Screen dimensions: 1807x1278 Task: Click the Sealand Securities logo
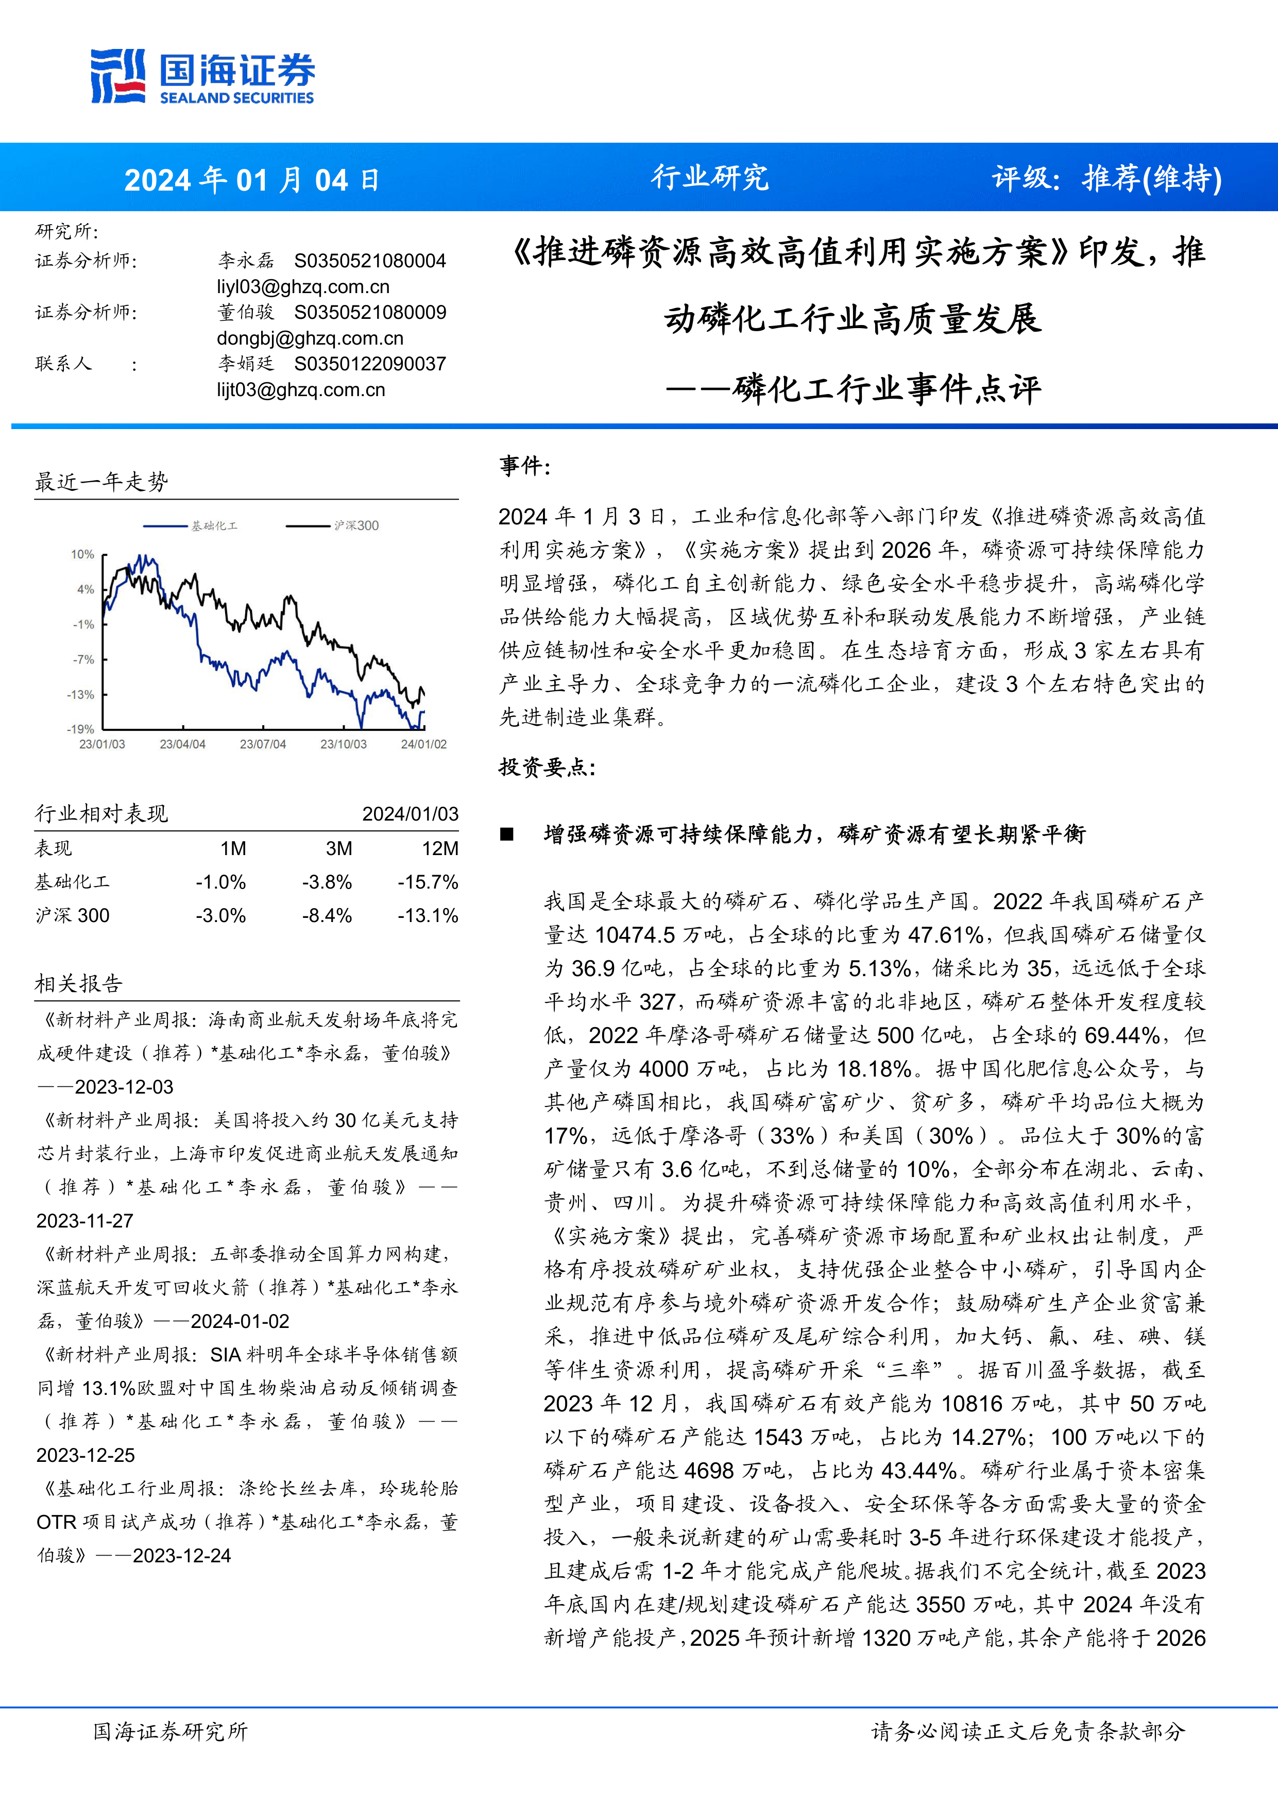point(202,76)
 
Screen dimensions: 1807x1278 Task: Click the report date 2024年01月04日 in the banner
point(252,180)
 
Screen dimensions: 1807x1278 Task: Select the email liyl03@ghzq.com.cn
point(303,286)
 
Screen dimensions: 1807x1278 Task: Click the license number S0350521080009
point(370,313)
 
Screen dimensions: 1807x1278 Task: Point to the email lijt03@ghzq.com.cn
point(301,389)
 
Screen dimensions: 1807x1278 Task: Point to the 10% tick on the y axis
point(82,554)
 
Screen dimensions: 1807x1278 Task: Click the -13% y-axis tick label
point(80,694)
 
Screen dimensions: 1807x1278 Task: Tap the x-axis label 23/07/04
point(263,744)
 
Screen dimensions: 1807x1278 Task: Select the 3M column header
point(339,848)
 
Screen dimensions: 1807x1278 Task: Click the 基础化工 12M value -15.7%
point(428,882)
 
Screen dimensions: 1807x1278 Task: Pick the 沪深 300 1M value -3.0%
point(221,915)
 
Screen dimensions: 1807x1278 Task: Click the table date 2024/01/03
point(410,814)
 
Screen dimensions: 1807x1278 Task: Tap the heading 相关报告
point(79,983)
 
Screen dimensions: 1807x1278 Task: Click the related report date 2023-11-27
point(85,1221)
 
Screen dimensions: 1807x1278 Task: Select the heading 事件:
point(525,466)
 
